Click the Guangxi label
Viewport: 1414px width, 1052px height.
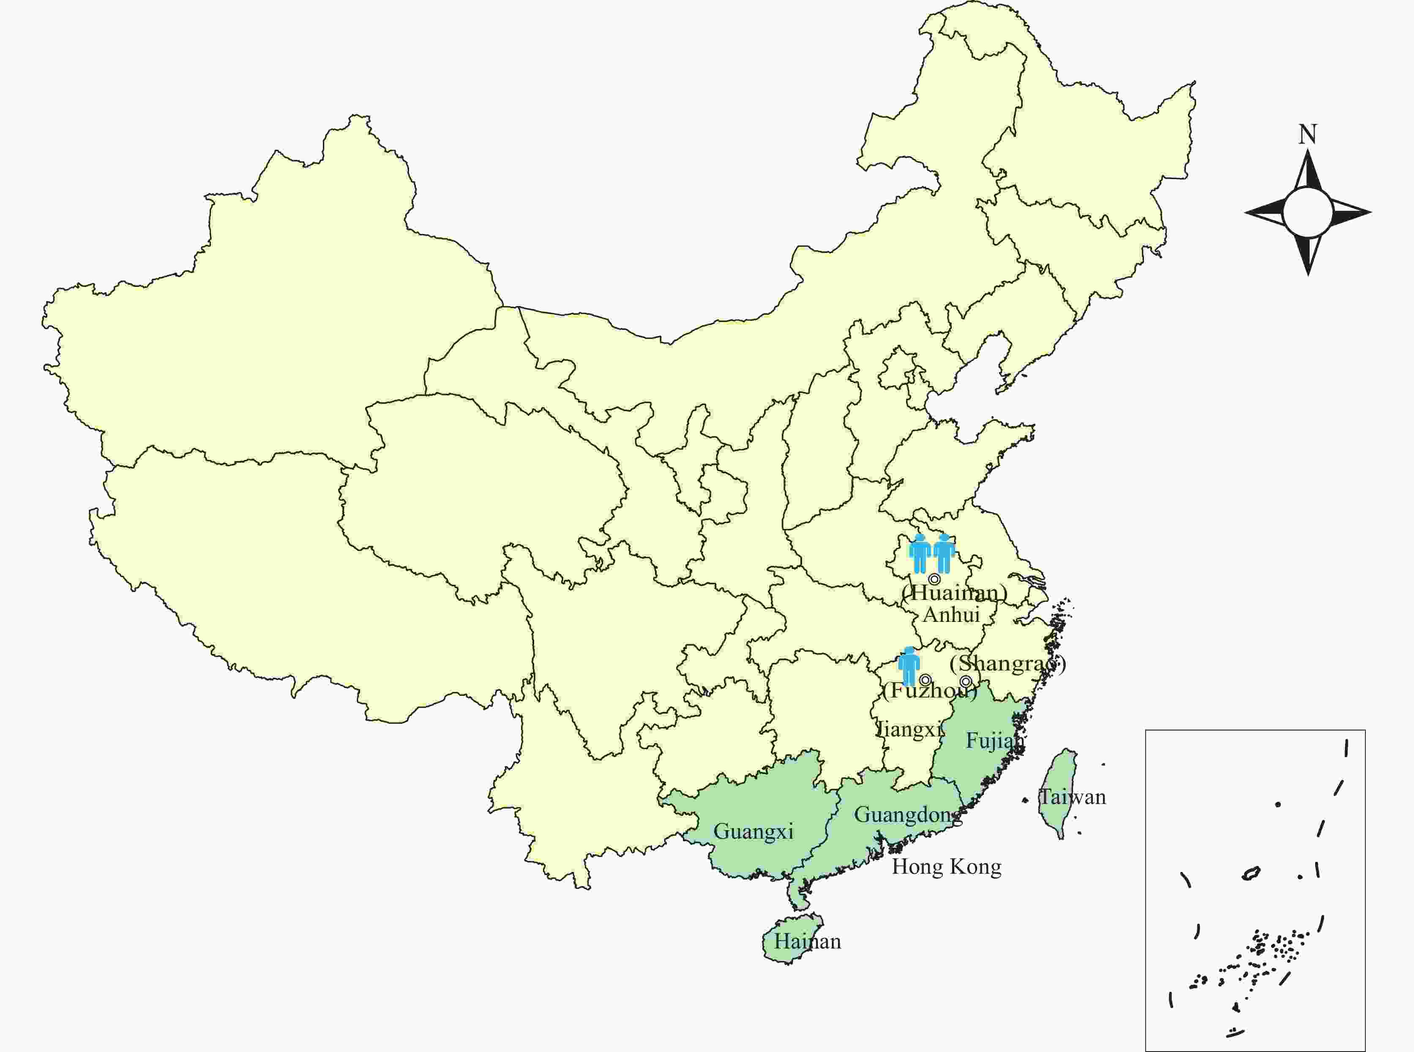pos(753,831)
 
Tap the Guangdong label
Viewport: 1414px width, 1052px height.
pos(908,815)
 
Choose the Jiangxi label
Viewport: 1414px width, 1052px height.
pos(909,728)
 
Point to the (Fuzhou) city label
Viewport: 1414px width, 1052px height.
pos(930,690)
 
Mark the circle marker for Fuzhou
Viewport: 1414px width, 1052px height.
pos(925,679)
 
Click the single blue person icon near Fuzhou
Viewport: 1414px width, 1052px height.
pos(909,665)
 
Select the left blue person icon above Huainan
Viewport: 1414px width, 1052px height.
pos(920,553)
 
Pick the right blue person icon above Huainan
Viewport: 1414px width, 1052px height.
pos(943,553)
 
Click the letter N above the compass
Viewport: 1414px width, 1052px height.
pos(1308,134)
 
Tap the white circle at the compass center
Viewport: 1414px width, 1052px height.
pos(1307,212)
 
